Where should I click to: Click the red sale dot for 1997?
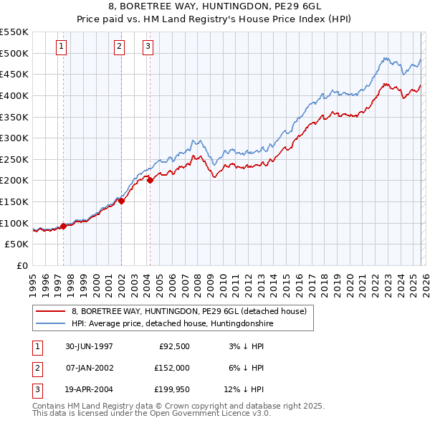[64, 226]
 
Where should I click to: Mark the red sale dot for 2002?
[121, 201]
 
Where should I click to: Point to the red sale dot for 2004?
[150, 181]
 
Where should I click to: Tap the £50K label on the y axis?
[17, 244]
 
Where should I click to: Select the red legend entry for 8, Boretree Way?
[188, 311]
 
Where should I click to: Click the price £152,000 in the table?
[171, 368]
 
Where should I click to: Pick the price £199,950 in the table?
[171, 390]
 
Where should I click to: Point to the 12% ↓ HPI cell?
[244, 390]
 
